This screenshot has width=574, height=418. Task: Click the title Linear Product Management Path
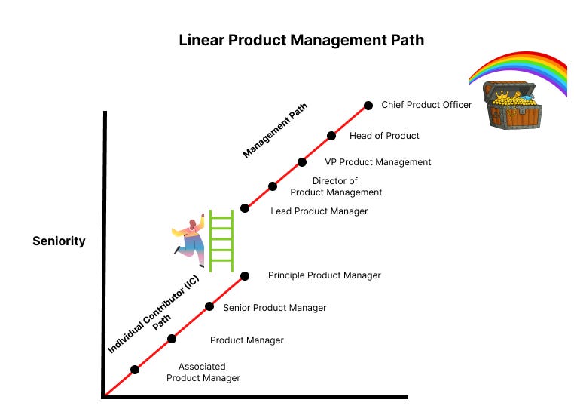coord(301,40)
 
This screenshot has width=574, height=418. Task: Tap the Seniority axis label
coord(59,241)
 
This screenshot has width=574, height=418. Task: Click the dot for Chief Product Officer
coord(368,106)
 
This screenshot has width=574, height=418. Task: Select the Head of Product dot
coord(331,136)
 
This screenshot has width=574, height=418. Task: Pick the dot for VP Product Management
coord(302,161)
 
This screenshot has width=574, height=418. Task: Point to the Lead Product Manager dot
coord(244,207)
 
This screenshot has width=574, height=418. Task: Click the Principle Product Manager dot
coord(245,276)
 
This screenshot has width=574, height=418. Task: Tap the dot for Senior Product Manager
coord(209,306)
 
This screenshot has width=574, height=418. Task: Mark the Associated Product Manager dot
coord(135,370)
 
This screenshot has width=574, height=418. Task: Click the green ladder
coord(221,241)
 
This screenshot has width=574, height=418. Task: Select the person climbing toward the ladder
coord(191,239)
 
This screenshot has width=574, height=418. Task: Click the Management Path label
coord(276,131)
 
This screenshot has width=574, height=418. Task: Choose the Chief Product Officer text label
coord(426,105)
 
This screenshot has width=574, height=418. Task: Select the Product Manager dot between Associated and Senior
coord(172,339)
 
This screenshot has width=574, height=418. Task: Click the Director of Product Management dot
coord(273,186)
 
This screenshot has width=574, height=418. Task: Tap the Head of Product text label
coord(384,136)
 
